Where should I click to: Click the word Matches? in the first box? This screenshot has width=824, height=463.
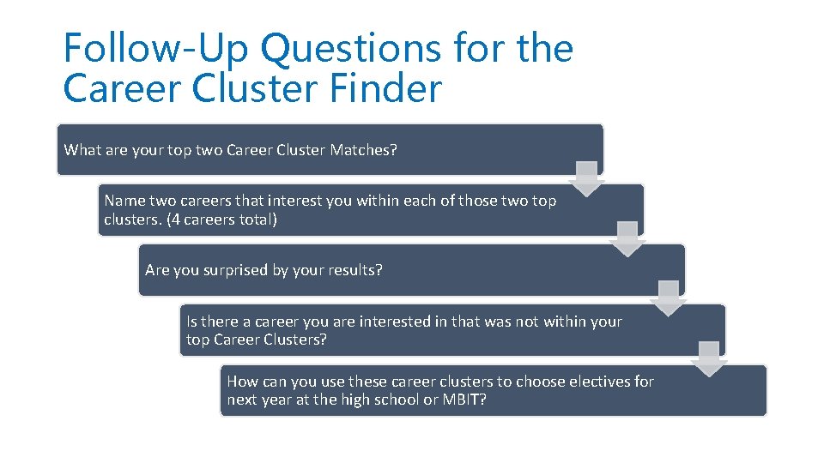coord(362,150)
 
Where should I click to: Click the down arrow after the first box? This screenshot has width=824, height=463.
coord(587,177)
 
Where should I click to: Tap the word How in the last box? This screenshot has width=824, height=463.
coord(242,382)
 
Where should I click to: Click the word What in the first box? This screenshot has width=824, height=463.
coord(82,150)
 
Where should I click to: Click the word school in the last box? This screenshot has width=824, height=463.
coord(384,400)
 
